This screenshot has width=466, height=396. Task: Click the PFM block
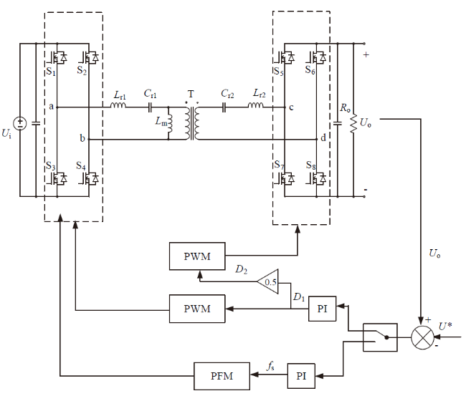coord(222,376)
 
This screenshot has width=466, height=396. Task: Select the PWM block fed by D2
coord(197,256)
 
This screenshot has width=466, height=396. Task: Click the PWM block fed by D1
coord(197,309)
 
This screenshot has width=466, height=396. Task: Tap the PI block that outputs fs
coord(301,376)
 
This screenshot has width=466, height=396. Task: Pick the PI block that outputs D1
coord(322,309)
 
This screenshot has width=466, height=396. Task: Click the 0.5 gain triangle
coord(268,281)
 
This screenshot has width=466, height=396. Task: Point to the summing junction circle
coord(422,337)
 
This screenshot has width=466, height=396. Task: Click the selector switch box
coord(380,337)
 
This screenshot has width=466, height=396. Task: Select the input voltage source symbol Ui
coord(20,123)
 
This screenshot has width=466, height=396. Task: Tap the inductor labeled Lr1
coord(118,105)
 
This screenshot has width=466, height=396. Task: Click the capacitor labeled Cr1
coord(150,107)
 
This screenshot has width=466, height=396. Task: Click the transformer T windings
coord(192,123)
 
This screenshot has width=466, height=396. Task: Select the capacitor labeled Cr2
coord(224,107)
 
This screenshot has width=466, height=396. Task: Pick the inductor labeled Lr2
coord(256,105)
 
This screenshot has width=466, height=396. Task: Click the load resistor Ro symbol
coord(353,123)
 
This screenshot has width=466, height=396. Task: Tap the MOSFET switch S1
coord(57,57)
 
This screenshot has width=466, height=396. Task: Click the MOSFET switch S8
coord(316,179)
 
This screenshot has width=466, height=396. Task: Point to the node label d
coord(323,137)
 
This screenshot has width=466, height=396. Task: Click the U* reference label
coord(445,327)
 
